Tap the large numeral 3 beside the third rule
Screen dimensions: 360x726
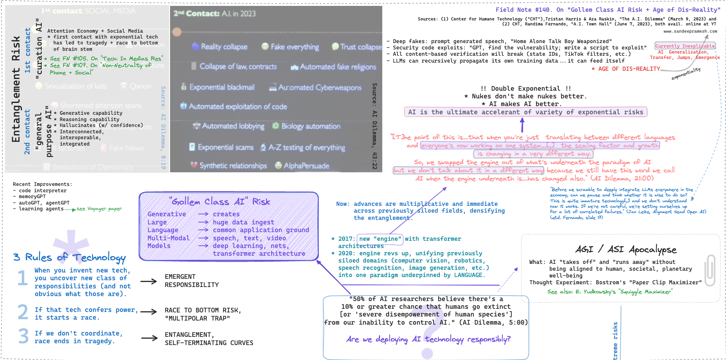[x=23, y=336]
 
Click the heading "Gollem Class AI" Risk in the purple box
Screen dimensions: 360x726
[x=219, y=201]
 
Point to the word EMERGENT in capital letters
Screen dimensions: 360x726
[x=180, y=277]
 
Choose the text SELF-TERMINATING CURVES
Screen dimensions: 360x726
[x=209, y=343]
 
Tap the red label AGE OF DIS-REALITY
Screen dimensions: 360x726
[x=629, y=69]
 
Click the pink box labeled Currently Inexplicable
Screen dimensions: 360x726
[x=685, y=46]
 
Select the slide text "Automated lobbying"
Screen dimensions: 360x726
[x=233, y=126]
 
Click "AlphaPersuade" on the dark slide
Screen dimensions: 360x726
[x=306, y=166]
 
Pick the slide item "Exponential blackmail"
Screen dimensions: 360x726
[x=222, y=87]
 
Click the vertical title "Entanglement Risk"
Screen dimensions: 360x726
[x=16, y=89]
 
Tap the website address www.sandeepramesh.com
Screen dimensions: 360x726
[x=690, y=31]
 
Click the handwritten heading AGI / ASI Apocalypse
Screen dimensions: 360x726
[x=626, y=249]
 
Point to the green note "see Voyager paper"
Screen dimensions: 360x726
[x=99, y=209]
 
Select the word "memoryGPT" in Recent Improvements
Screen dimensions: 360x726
[x=32, y=197]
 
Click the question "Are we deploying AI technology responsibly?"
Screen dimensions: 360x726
[x=428, y=339]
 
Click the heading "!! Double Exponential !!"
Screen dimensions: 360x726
[x=526, y=88]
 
